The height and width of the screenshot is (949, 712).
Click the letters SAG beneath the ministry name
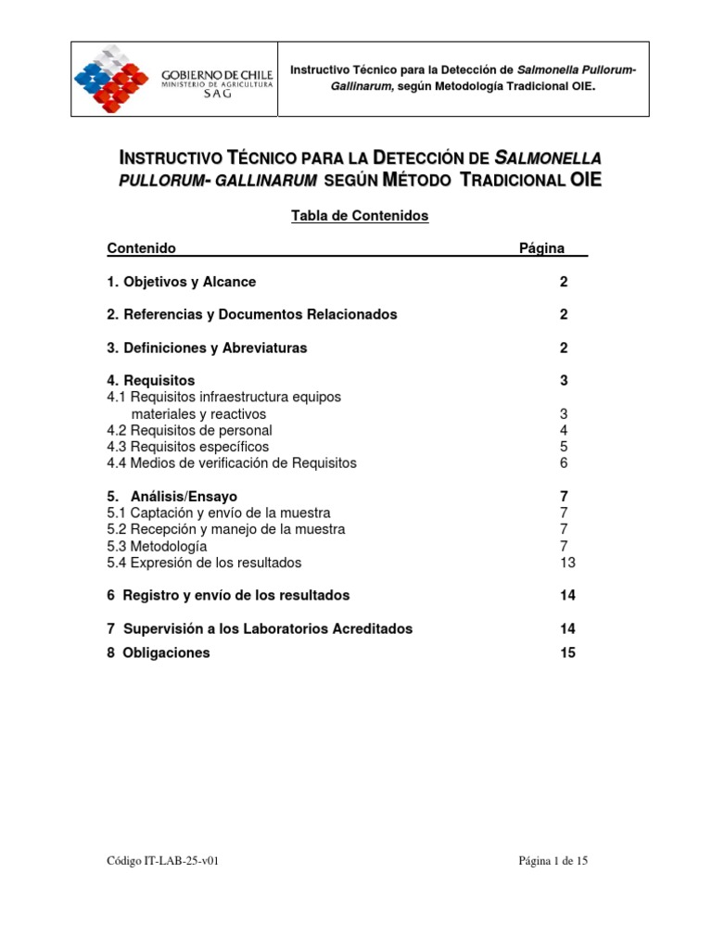pos(216,95)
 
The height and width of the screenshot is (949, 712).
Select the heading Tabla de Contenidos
pos(360,215)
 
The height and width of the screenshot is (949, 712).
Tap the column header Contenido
pos(142,248)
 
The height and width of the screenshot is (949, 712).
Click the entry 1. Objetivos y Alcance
pos(182,282)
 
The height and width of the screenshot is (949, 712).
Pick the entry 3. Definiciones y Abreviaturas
pos(207,348)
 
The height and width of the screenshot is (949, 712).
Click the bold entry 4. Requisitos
pos(151,381)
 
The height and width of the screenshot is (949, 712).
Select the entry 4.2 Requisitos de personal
pos(190,430)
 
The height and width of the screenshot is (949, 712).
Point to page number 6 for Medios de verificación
pos(564,462)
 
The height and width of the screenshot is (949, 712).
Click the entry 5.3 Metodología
pos(151,547)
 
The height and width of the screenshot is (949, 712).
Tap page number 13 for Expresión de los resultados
pos(567,563)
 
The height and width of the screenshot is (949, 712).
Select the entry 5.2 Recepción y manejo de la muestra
pos(226,529)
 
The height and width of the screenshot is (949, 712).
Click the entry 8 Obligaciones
pos(159,652)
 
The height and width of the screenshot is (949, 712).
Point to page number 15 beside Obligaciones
pos(567,652)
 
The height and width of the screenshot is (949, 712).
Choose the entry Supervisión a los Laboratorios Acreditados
pos(261,628)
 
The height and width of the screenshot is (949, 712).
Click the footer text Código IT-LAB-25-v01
pos(162,861)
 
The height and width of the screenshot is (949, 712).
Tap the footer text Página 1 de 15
pos(553,861)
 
